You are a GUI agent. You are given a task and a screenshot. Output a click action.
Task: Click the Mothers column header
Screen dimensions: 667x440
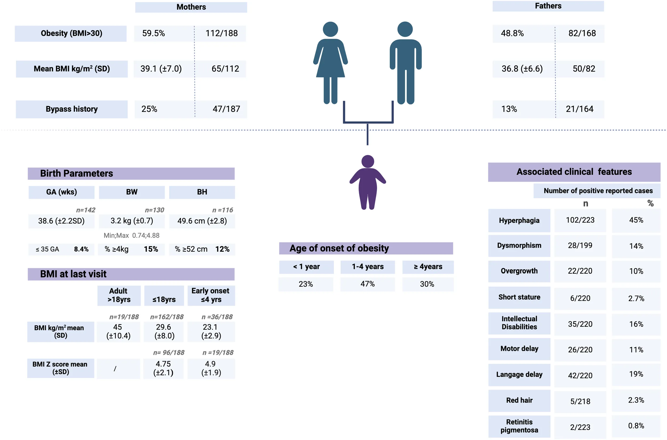tap(191, 7)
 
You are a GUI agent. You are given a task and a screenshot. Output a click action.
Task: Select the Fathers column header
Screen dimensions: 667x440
tap(548, 6)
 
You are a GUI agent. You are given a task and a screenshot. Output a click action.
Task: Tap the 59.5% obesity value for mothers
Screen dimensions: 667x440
tap(154, 33)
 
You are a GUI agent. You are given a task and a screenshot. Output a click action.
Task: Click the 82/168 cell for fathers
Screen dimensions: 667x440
tap(582, 33)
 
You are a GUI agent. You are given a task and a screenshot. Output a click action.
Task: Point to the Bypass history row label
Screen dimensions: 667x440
tap(72, 109)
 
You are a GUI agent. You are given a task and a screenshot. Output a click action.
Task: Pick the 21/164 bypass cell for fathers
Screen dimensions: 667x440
tap(579, 109)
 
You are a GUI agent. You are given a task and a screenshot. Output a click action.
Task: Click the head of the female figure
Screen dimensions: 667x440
tap(330, 29)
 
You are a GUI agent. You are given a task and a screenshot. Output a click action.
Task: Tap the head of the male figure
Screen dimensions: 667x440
tap(405, 29)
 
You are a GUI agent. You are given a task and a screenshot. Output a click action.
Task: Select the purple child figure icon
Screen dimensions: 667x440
tap(368, 182)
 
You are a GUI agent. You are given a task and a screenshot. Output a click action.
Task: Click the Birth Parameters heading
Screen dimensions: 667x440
tap(77, 173)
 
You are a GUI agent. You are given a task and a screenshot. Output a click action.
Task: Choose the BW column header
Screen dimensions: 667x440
tap(132, 192)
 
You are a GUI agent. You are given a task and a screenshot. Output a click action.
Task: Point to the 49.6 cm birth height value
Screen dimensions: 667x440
tap(202, 221)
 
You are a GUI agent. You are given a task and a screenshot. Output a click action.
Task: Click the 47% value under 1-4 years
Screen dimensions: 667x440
tap(367, 284)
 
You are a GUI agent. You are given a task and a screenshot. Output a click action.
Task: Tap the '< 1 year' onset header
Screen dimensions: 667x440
tap(306, 267)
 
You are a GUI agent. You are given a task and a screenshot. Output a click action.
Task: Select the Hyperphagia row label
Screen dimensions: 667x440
tap(519, 221)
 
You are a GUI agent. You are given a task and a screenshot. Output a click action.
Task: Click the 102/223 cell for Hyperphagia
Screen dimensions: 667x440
tap(580, 220)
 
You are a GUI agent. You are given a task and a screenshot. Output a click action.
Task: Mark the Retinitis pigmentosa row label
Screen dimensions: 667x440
tap(519, 426)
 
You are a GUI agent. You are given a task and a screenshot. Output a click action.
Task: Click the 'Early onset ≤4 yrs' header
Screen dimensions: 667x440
tap(211, 295)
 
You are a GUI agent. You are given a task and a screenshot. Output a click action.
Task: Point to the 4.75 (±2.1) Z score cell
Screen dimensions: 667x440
tap(163, 368)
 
